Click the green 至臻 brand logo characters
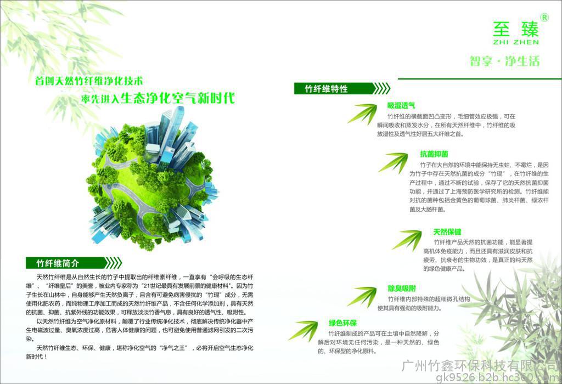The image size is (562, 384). click(516, 29)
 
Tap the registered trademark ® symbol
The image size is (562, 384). click(544, 18)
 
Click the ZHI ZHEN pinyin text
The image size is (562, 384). click(516, 42)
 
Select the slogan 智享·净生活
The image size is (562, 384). click(505, 61)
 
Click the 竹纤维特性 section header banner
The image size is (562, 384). click(341, 88)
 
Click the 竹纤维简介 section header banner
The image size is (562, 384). click(74, 263)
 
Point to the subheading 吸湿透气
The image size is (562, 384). click(401, 105)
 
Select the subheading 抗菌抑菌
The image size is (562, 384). click(434, 154)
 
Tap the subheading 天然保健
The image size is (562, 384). click(447, 231)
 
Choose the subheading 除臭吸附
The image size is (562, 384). click(402, 289)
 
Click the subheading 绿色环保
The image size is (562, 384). click(342, 323)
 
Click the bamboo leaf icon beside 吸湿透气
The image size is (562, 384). click(362, 114)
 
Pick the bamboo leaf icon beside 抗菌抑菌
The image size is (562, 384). click(393, 162)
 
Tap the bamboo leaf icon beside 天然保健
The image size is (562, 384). click(407, 240)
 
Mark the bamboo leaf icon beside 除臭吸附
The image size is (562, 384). click(362, 297)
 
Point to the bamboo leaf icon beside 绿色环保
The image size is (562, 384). click(303, 330)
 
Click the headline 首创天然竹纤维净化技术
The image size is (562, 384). click(89, 81)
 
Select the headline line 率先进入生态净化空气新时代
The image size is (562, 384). click(158, 98)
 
